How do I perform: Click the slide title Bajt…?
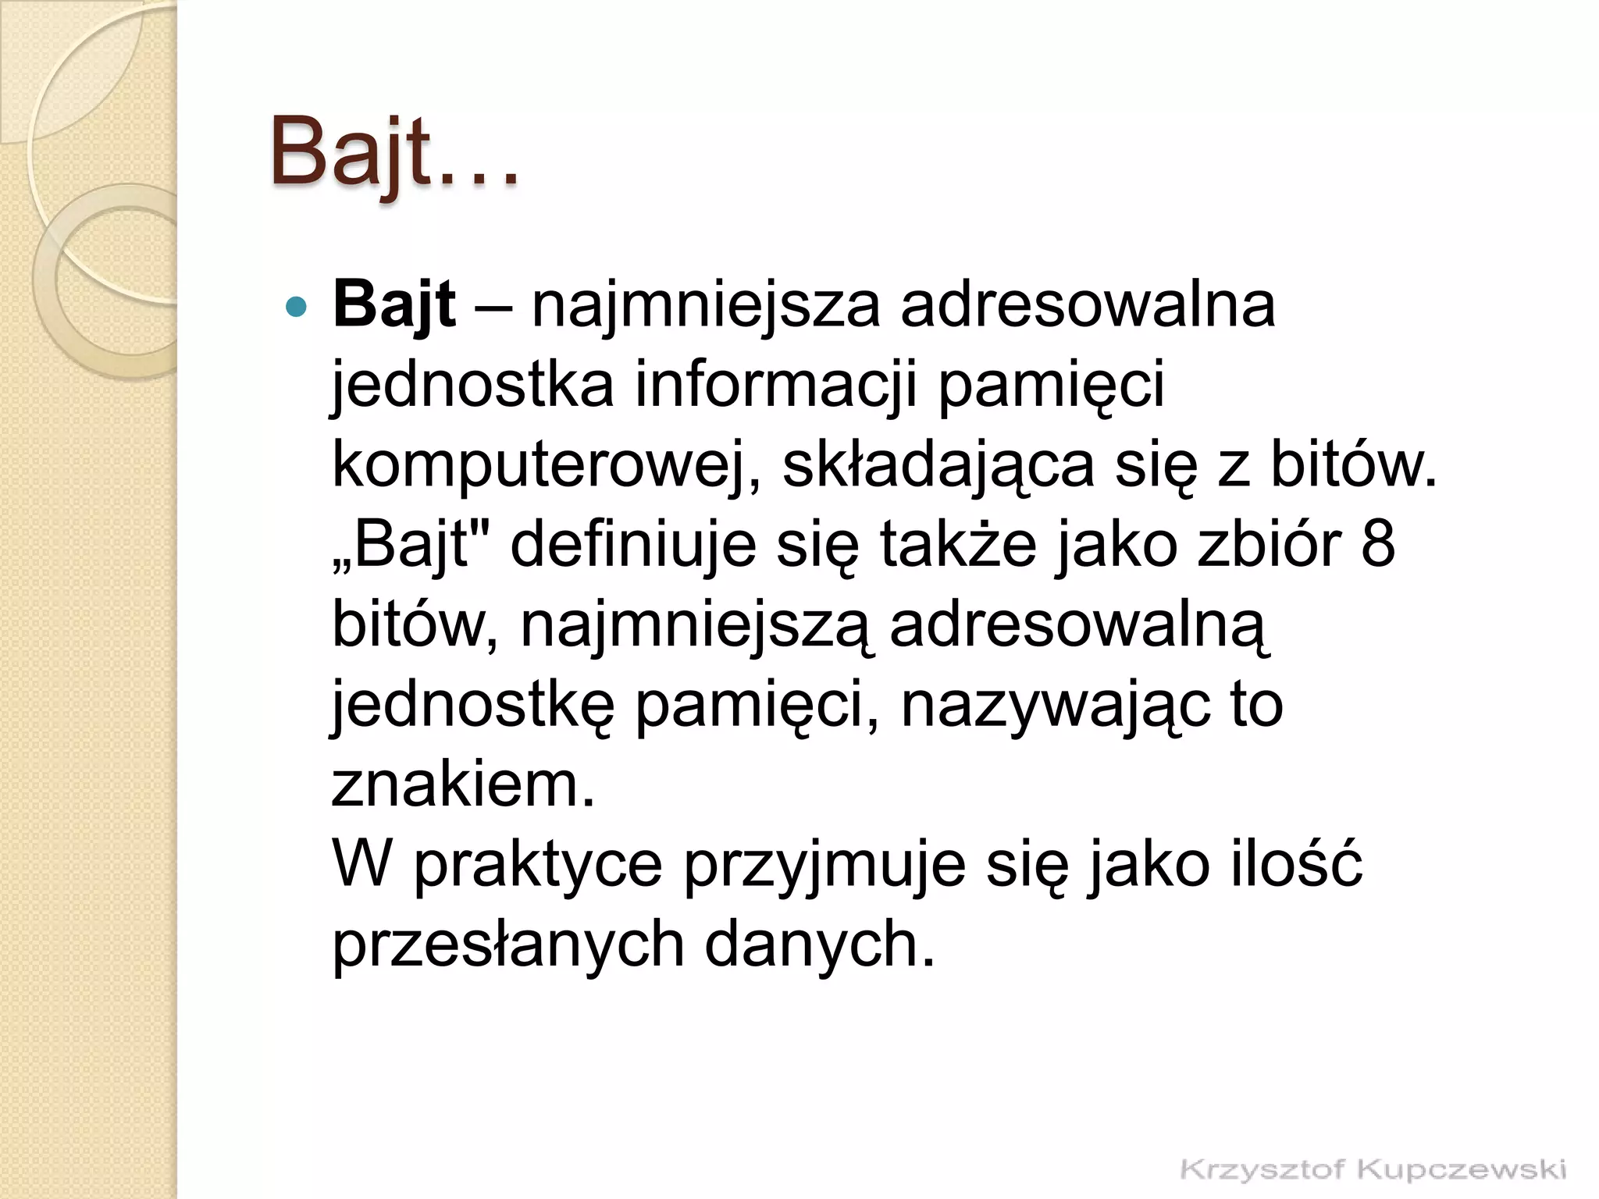[x=394, y=152]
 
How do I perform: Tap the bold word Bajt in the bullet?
[x=394, y=304]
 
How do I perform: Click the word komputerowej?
[x=547, y=465]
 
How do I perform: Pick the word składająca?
[x=938, y=465]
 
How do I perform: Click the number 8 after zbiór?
[x=1378, y=545]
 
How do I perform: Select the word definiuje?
[x=633, y=545]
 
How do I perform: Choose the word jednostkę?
[x=473, y=705]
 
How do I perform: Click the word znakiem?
[x=463, y=785]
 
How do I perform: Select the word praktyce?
[x=538, y=865]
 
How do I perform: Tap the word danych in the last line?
[x=819, y=945]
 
